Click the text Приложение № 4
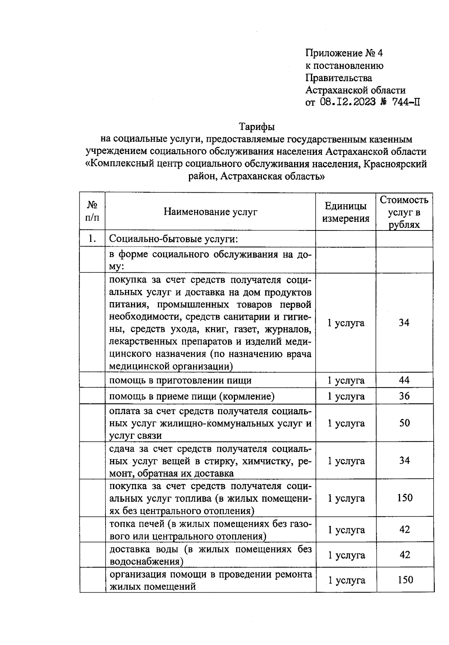[344, 53]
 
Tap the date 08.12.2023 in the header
[348, 102]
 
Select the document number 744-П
[406, 102]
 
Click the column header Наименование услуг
[210, 212]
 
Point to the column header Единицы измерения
[345, 212]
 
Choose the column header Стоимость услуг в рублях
[404, 212]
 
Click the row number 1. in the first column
[92, 239]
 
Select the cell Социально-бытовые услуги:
[174, 239]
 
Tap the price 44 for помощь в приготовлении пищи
[404, 380]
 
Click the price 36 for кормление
[404, 396]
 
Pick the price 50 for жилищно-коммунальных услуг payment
[404, 423]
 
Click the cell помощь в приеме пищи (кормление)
[192, 396]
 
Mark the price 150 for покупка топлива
[405, 498]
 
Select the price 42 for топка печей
[404, 529]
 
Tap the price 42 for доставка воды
[405, 555]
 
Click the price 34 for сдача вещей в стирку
[404, 461]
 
